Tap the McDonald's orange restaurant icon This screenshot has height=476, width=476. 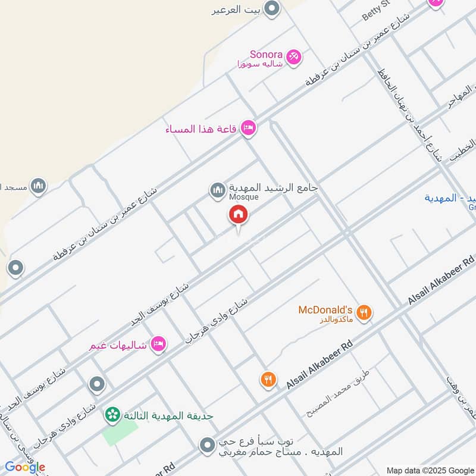point(364,312)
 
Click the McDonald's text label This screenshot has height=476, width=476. point(326,310)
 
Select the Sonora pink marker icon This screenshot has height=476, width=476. point(293,57)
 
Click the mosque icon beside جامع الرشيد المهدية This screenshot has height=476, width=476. point(217,190)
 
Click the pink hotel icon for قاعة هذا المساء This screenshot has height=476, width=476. point(249,129)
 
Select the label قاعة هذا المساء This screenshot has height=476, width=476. point(203,129)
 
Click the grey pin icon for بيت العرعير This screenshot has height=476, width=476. point(272,9)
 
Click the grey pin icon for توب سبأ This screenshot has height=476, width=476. point(207,445)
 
